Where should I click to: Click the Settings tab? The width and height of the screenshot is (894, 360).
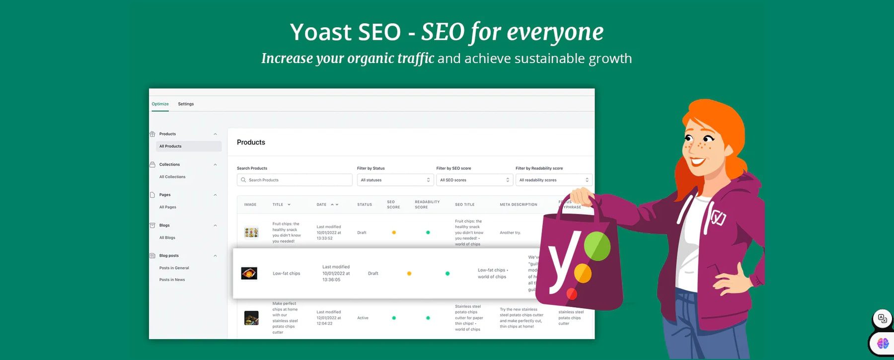click(x=186, y=104)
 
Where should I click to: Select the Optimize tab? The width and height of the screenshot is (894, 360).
click(x=160, y=104)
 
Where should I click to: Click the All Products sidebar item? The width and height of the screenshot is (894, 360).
click(x=170, y=146)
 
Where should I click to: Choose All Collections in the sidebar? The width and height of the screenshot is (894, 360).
click(x=172, y=177)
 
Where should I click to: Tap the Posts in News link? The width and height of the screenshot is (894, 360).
click(x=172, y=280)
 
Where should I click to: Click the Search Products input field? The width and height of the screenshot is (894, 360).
click(x=295, y=180)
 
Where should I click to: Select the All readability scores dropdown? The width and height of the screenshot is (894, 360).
click(x=554, y=180)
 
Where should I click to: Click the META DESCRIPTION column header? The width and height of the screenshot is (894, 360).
click(x=518, y=205)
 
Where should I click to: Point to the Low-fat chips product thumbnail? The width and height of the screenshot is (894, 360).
click(x=249, y=273)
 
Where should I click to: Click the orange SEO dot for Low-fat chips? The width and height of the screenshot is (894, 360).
click(x=409, y=274)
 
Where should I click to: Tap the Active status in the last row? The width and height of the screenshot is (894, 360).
click(x=363, y=318)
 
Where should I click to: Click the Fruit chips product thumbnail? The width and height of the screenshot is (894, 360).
click(x=251, y=232)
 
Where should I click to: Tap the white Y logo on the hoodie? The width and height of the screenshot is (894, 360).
click(x=718, y=217)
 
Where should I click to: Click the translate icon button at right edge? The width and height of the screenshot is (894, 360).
click(x=882, y=319)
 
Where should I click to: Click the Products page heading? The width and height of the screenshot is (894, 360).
click(x=251, y=143)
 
